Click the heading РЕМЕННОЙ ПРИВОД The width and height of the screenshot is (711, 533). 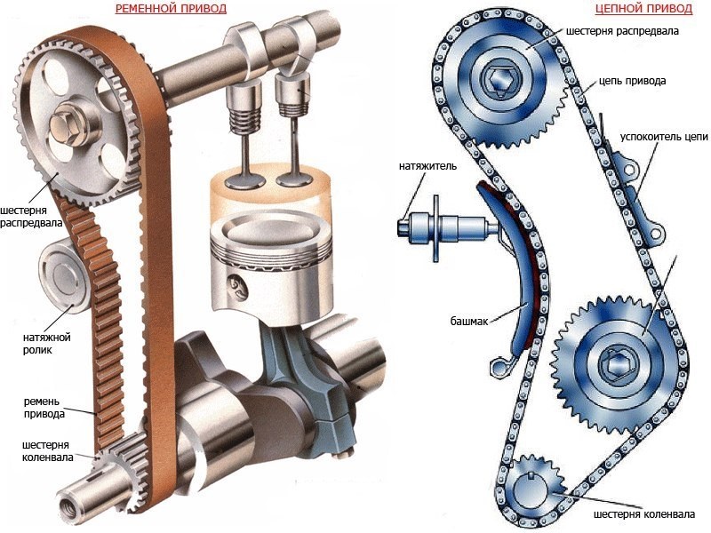[171, 9]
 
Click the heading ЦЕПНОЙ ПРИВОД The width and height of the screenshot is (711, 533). [643, 9]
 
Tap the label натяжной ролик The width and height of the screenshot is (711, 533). [47, 344]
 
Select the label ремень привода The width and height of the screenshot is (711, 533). [44, 408]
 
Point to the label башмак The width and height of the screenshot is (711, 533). [469, 322]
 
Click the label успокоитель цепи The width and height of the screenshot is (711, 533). [664, 137]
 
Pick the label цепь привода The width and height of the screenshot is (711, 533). [633, 81]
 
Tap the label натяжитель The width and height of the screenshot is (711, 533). [427, 166]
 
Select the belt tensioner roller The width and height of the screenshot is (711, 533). [62, 278]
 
